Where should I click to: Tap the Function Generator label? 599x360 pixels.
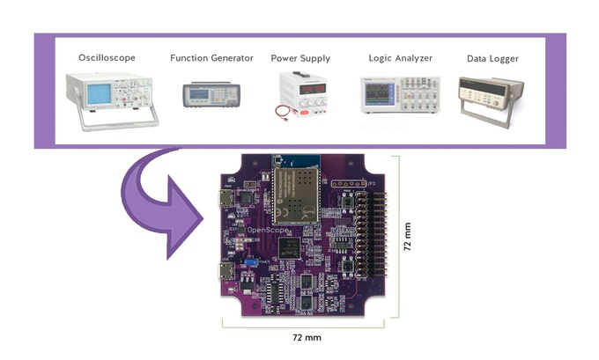point(212,58)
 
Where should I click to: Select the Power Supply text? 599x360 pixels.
point(301,58)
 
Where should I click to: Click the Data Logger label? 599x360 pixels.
point(492,59)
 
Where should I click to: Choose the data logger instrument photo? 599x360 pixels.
point(492,92)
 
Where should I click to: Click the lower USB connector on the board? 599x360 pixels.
point(226,271)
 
